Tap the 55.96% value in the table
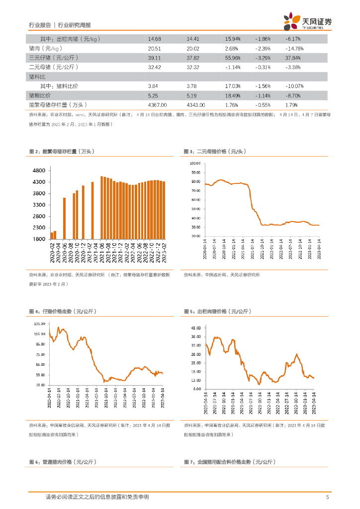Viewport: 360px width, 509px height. coord(232,58)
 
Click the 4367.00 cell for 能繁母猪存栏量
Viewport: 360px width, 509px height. coord(157,105)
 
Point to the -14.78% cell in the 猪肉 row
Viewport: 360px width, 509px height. coord(293,48)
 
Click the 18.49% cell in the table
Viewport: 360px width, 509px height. coord(232,95)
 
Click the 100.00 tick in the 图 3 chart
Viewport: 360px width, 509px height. coord(194,163)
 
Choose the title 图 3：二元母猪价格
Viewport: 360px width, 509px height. coord(215,151)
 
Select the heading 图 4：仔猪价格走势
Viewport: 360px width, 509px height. coord(63,311)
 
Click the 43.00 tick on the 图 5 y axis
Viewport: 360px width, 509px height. coord(195,328)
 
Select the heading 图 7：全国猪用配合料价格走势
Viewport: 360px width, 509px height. coord(229,462)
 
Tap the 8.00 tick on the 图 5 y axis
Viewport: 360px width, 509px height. coord(196,389)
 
